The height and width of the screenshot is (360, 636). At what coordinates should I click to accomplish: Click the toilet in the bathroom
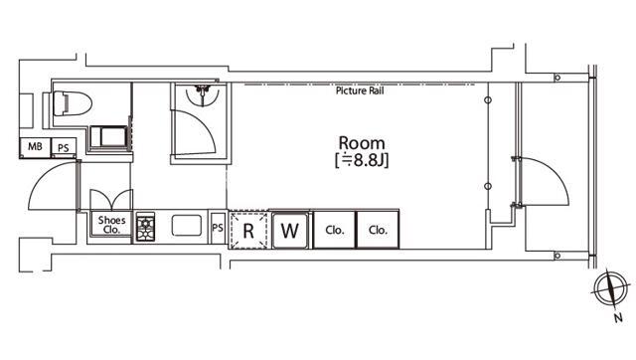(73, 103)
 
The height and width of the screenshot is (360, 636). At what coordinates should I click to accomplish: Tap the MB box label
(36, 146)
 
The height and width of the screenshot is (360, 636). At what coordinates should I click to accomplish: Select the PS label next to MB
(64, 148)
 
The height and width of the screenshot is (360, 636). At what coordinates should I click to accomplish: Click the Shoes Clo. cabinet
(111, 225)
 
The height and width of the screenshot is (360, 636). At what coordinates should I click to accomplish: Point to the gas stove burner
(145, 227)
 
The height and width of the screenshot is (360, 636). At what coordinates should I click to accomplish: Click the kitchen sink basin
(187, 226)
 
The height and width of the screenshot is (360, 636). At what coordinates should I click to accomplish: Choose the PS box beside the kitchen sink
(218, 228)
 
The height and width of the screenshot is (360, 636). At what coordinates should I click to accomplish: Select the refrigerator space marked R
(248, 230)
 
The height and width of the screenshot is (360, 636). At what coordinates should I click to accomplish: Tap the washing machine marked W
(289, 230)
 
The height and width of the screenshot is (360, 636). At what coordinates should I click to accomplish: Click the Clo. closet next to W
(335, 230)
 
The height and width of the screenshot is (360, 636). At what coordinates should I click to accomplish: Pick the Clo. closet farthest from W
(378, 230)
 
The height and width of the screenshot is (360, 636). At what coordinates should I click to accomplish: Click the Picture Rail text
(360, 90)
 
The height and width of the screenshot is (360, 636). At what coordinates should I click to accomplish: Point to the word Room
(362, 143)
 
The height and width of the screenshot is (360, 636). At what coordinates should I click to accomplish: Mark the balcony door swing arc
(555, 171)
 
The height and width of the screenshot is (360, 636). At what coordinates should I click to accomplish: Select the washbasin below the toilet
(108, 136)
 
